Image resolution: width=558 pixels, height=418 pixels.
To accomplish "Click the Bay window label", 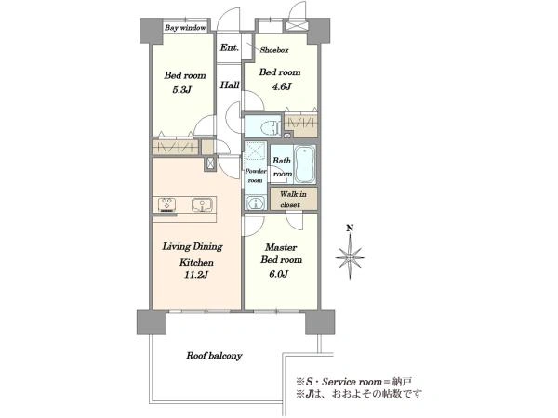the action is (185, 27).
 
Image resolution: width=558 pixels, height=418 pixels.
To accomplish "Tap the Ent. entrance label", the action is (229, 47).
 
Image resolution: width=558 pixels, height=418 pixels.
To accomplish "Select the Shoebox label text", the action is (274, 50).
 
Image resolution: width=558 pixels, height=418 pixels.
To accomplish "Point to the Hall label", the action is (230, 85).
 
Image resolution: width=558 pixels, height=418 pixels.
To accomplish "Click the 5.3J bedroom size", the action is (182, 90).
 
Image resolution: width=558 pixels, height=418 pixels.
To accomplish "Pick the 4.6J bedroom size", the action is (282, 86).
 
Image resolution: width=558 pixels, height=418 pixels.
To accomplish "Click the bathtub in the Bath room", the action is (305, 163).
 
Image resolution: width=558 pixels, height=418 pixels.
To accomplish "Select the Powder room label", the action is (255, 176).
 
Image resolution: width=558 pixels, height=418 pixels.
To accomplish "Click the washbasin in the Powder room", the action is (255, 204).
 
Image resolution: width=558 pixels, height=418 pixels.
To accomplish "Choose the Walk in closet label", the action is (293, 200).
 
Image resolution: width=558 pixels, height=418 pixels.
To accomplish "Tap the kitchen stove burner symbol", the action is (166, 204).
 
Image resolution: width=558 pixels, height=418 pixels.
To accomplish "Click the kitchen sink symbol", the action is (202, 204).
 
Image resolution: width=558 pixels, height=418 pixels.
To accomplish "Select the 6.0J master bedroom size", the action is (279, 274).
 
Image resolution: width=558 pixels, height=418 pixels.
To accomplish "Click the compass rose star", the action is (351, 257).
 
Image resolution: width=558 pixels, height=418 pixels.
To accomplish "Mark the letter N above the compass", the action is (351, 228).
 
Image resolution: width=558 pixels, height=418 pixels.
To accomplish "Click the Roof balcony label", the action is (214, 356).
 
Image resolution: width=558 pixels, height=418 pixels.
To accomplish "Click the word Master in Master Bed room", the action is (281, 247).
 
